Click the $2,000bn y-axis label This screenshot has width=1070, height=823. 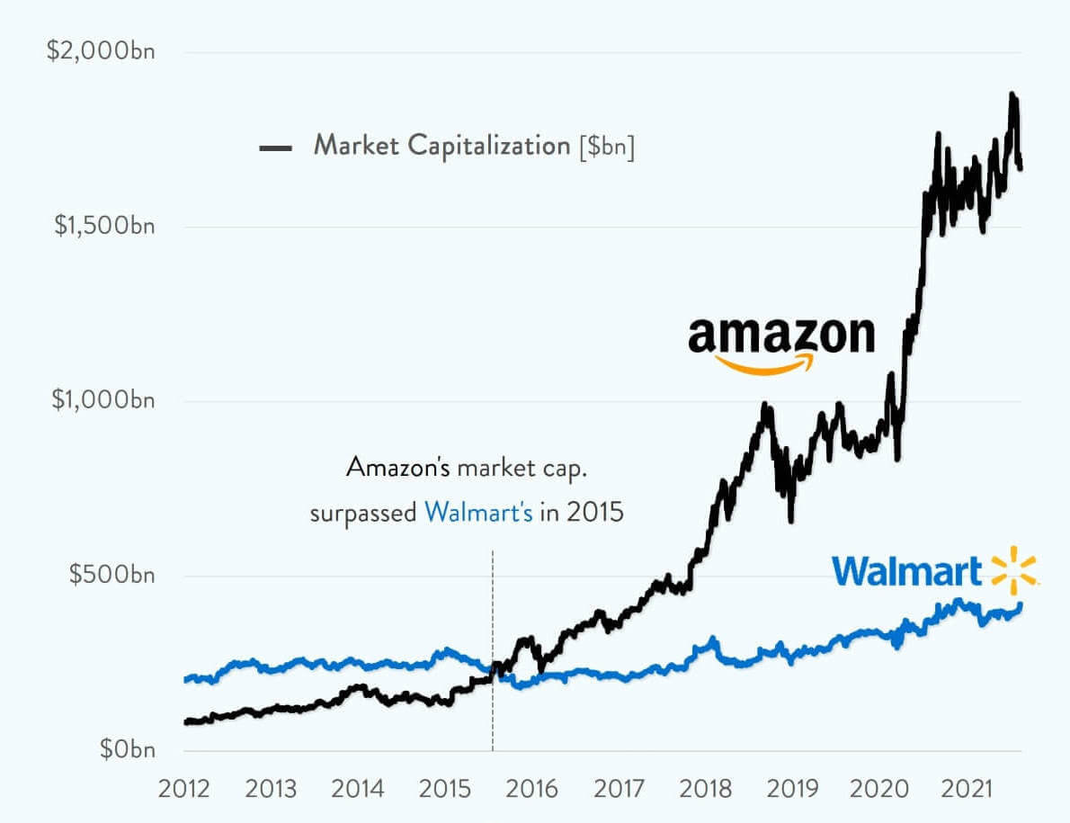tap(101, 51)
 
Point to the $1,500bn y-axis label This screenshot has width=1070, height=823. tap(104, 226)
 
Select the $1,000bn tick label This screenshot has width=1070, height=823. tap(104, 400)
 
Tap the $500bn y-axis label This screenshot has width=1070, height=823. tap(111, 575)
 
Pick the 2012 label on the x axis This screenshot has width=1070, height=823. tap(184, 790)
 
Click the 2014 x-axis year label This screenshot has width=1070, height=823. tap(357, 790)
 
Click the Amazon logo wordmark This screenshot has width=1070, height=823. tap(780, 335)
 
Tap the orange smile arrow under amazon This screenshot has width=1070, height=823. tap(764, 363)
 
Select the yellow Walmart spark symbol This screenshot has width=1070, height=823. tap(1013, 569)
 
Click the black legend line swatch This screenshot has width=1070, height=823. tap(274, 148)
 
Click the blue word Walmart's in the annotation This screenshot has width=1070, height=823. tap(479, 514)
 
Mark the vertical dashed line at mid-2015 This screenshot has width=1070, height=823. tap(493, 648)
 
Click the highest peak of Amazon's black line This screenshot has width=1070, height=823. tap(1012, 94)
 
